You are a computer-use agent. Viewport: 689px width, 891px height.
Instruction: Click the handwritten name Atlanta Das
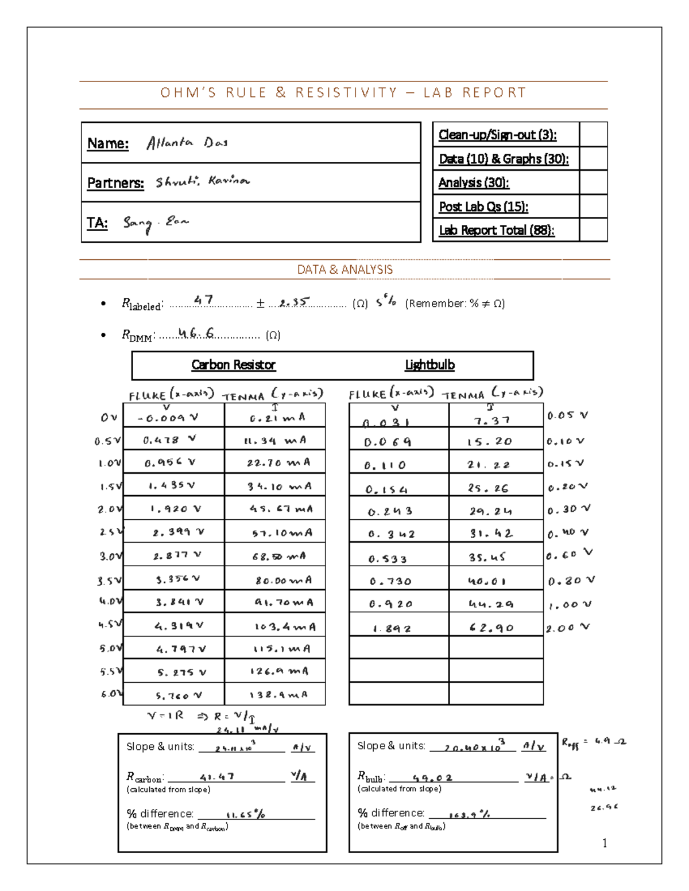[x=187, y=143]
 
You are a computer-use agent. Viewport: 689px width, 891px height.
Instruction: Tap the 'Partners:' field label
[x=115, y=183]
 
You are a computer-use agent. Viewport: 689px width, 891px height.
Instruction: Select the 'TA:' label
[x=97, y=223]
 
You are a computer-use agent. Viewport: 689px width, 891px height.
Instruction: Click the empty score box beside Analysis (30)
[x=593, y=182]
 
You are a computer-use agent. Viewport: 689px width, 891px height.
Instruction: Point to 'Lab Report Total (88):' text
[x=496, y=230]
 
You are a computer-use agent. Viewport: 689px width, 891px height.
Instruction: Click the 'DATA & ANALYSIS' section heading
[x=344, y=270]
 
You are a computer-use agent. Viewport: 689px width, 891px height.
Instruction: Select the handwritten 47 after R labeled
[x=203, y=300]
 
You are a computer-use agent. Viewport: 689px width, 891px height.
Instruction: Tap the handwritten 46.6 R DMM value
[x=196, y=333]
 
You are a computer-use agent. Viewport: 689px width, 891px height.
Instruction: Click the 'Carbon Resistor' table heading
[x=233, y=365]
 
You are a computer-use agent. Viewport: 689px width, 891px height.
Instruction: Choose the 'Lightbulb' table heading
[x=429, y=365]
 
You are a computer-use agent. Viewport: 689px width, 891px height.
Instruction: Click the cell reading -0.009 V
[x=168, y=418]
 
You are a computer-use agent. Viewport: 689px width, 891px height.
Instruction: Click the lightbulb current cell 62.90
[x=491, y=628]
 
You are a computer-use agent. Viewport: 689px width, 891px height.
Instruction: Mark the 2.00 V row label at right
[x=567, y=628]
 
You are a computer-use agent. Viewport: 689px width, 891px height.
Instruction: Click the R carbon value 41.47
[x=216, y=777]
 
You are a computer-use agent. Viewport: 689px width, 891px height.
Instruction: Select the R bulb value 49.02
[x=432, y=778]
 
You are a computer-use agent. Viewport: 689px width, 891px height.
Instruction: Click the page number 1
[x=604, y=843]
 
